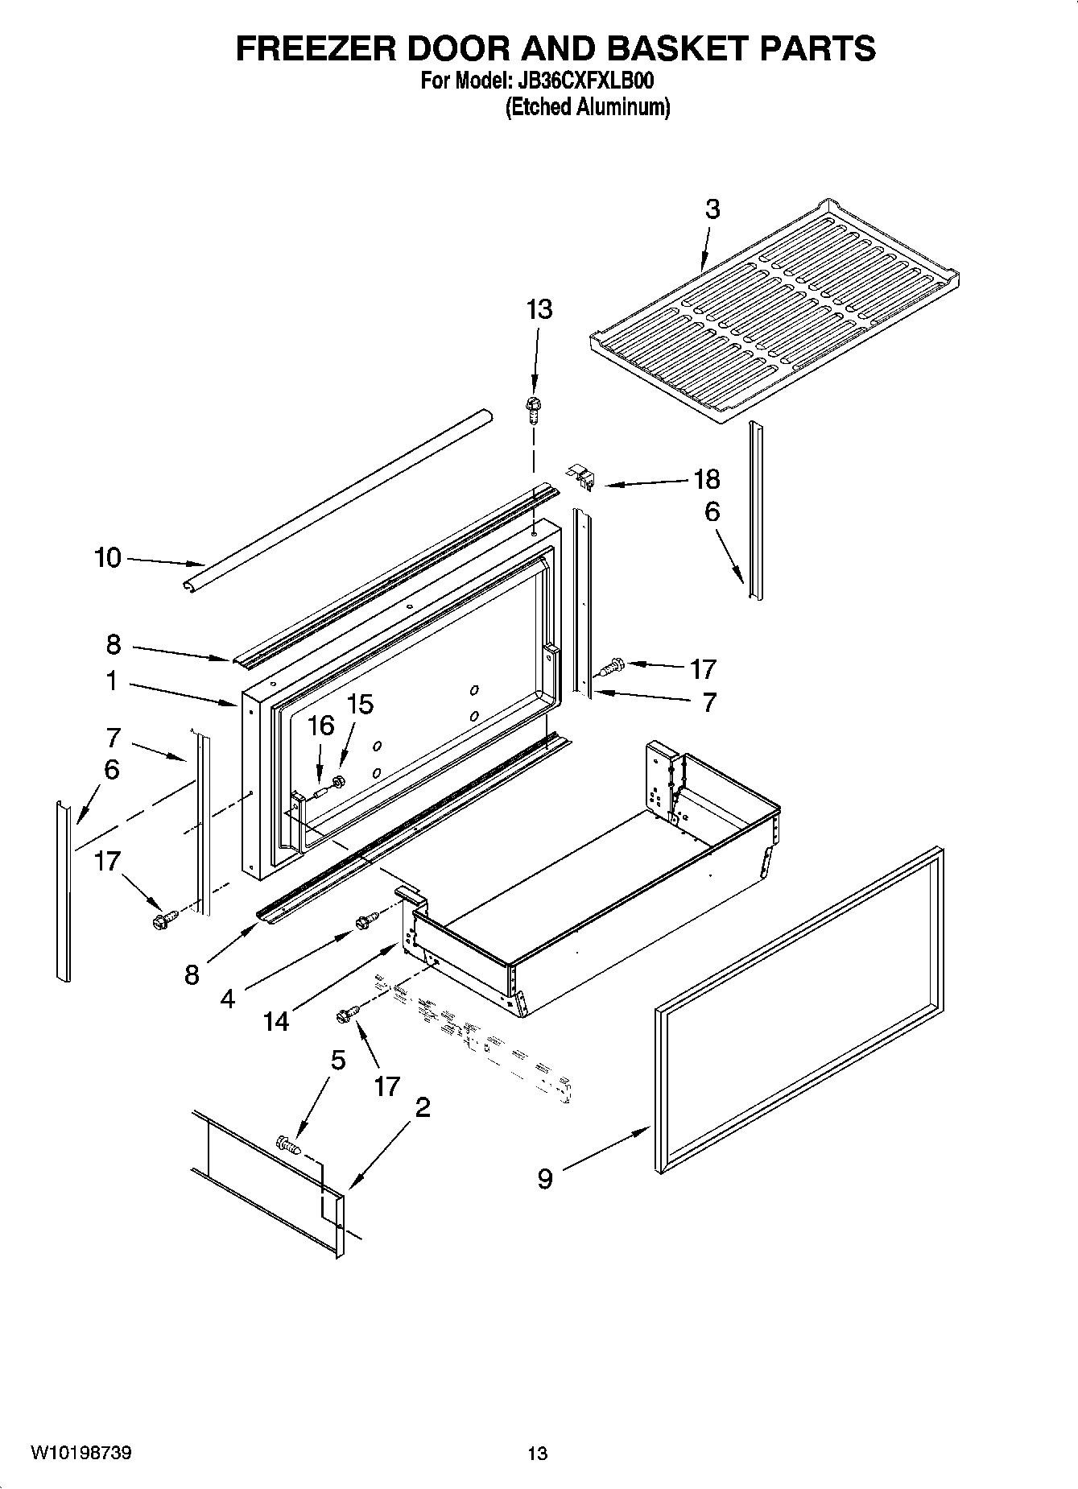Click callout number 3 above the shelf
(712, 209)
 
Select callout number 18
(706, 479)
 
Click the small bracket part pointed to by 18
(583, 478)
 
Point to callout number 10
(107, 557)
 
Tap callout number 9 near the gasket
(545, 1179)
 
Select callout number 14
(275, 1021)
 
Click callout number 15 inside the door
(359, 704)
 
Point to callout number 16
(320, 726)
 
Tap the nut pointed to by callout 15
(339, 780)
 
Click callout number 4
(228, 999)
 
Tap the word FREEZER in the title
(316, 48)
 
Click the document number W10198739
(81, 1453)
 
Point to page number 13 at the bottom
(537, 1454)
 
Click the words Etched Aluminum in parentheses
(588, 106)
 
